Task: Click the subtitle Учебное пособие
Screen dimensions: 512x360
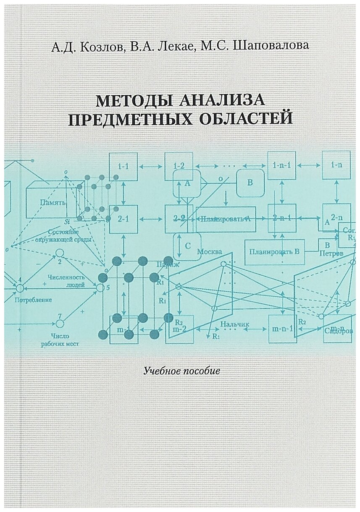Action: pos(181,371)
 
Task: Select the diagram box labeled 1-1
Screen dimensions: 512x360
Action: pos(123,166)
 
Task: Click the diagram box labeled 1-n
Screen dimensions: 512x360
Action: pos(336,165)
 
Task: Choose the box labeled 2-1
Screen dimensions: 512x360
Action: pos(123,219)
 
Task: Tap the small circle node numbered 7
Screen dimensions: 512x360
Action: pos(60,324)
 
